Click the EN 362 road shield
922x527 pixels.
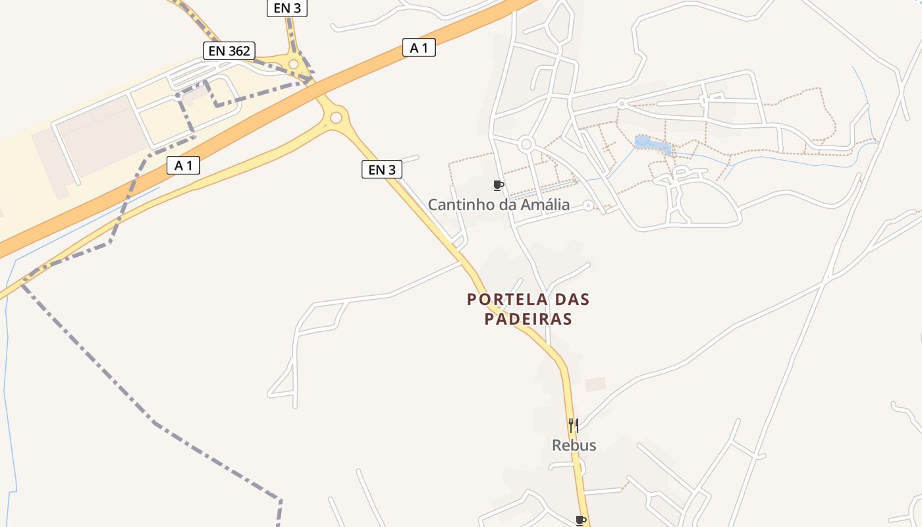(229, 51)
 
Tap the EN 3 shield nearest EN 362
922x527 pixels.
(287, 8)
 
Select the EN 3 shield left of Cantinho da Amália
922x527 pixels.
(382, 169)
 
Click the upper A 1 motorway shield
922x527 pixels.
(419, 47)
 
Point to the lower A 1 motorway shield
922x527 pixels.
(183, 165)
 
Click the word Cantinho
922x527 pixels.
(458, 204)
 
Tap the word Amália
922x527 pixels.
(545, 204)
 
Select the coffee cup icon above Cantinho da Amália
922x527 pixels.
(499, 185)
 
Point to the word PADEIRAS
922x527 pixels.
(528, 319)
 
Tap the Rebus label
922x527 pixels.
(574, 445)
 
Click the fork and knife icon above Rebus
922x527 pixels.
(574, 426)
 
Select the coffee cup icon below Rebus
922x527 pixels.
(580, 520)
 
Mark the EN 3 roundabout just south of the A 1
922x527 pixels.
(337, 117)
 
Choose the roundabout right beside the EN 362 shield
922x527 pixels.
(294, 64)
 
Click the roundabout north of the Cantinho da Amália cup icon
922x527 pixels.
(526, 144)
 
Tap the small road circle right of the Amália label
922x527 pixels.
(588, 206)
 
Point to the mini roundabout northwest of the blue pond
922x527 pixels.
(621, 103)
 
